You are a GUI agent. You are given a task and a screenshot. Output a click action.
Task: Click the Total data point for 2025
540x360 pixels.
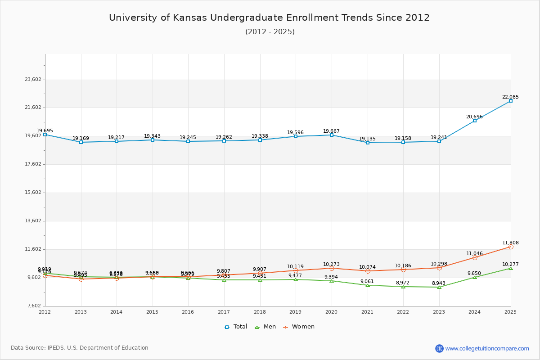tap(511, 101)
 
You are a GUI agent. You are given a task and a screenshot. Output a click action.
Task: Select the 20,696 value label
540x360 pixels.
tap(474, 117)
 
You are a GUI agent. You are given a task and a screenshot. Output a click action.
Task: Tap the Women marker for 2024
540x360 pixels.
tap(475, 257)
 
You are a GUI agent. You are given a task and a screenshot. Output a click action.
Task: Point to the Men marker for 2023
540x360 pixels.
tap(439, 287)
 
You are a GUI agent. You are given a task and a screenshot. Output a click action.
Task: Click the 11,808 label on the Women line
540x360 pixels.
tap(510, 243)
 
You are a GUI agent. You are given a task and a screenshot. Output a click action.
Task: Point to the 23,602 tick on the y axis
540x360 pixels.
tap(33, 80)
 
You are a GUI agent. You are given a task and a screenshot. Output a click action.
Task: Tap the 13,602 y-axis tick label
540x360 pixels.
tap(33, 221)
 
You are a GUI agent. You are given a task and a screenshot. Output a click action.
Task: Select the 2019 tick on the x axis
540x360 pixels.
tap(296, 311)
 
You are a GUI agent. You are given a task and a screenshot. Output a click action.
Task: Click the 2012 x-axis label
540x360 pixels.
tap(45, 311)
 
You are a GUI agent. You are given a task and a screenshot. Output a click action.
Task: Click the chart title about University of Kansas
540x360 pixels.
tap(269, 18)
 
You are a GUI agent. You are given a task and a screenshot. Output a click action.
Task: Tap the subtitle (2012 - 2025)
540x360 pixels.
tap(270, 31)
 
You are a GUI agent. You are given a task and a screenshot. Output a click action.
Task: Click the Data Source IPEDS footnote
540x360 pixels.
tap(79, 348)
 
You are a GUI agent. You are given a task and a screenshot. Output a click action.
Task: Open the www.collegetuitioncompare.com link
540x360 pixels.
tap(487, 348)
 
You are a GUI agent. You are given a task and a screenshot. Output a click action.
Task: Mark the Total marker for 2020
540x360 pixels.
tap(332, 135)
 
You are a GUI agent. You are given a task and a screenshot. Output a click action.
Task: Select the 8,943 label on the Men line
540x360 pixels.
tap(439, 283)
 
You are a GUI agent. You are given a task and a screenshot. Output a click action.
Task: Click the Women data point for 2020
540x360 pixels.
tap(332, 268)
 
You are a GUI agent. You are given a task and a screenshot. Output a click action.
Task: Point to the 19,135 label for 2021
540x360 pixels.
tap(367, 139)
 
